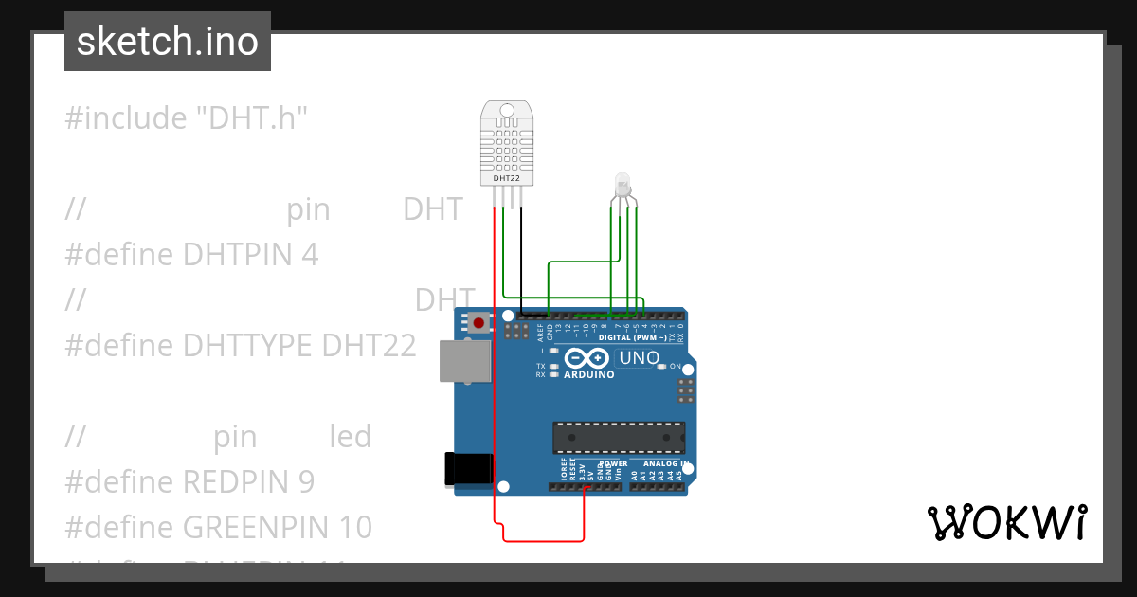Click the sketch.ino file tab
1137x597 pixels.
[167, 42]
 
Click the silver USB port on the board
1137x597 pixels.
[465, 361]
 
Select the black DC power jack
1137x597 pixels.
[468, 469]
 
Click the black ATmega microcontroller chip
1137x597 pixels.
[620, 436]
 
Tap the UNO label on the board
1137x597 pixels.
[639, 358]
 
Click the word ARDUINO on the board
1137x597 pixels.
[589, 374]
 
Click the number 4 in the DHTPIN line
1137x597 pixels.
[310, 254]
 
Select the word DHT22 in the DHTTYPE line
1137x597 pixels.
[369, 346]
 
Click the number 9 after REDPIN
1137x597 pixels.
[305, 482]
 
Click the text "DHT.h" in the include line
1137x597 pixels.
[252, 118]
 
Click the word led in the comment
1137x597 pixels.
[350, 437]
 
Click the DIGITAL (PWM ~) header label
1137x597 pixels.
[632, 338]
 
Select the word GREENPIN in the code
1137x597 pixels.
[251, 527]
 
